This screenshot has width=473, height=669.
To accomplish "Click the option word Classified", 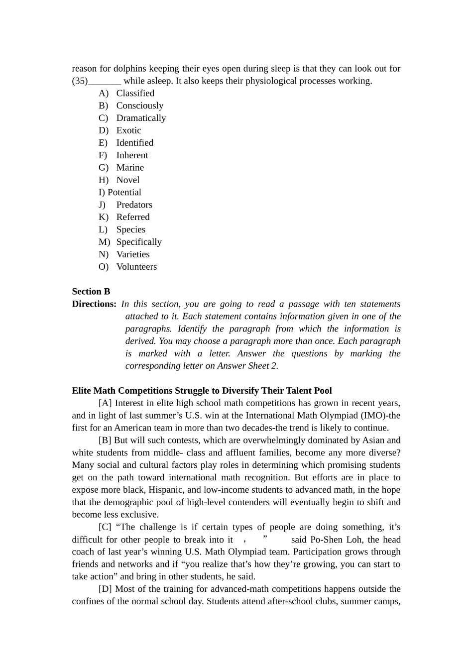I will coord(135,93).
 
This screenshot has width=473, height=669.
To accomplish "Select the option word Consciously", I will coord(139,106).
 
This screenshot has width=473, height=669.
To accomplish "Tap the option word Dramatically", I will coord(141,118).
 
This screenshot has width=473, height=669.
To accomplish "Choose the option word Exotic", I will coord(128,130).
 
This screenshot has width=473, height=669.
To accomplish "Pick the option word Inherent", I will coord(132,155).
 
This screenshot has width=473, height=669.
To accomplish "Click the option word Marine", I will coord(130,168).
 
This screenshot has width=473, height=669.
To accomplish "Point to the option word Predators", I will coord(134,205).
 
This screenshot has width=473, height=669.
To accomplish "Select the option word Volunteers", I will coord(136,267).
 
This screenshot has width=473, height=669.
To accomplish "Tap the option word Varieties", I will coord(133,254).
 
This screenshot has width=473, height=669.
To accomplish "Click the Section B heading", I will coord(91,292).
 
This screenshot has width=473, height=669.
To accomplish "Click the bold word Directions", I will coord(94,304).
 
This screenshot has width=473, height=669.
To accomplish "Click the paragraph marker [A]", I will coord(105,403).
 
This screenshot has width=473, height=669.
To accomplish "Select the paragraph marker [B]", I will coord(105,441).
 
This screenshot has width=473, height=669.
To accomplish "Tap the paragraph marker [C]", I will coord(105,527).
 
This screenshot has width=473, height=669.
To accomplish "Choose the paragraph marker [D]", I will coord(105,589).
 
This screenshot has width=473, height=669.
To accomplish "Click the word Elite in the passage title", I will coord(82,391).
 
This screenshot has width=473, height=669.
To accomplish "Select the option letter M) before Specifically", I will coord(104,242).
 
